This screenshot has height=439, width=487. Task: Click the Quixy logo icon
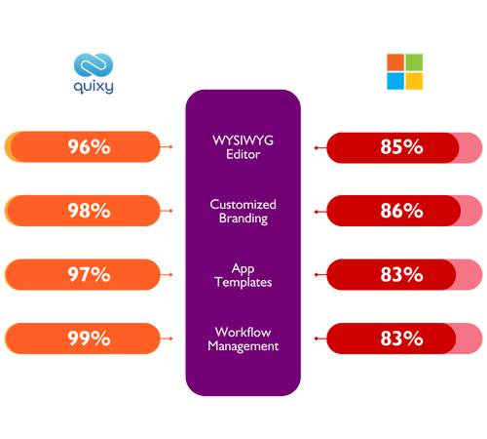(x=94, y=65)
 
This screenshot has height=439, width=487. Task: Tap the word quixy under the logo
(x=94, y=87)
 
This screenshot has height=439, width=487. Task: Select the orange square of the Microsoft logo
(x=395, y=62)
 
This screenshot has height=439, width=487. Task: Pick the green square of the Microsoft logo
(x=414, y=62)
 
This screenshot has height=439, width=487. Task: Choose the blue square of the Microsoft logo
(x=395, y=81)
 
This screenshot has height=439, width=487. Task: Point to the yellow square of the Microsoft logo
(x=414, y=81)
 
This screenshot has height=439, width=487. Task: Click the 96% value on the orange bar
(x=89, y=146)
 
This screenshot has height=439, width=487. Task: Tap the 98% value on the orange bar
(x=89, y=211)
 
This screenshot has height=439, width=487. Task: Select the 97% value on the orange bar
(x=89, y=274)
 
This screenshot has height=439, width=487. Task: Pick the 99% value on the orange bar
(x=89, y=339)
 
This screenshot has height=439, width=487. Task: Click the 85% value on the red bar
(x=401, y=147)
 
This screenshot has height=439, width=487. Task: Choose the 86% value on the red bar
(x=401, y=211)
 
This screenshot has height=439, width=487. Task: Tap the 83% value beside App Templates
(x=401, y=274)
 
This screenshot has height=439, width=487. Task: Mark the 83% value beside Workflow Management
(x=401, y=339)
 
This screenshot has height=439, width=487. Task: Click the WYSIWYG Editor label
(x=243, y=147)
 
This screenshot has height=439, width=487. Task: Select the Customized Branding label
(x=243, y=212)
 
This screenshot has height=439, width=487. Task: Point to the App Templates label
(x=243, y=275)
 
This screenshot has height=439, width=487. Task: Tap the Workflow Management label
(x=243, y=339)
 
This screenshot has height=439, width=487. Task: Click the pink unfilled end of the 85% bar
(x=471, y=148)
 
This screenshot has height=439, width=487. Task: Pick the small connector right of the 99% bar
(x=167, y=339)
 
